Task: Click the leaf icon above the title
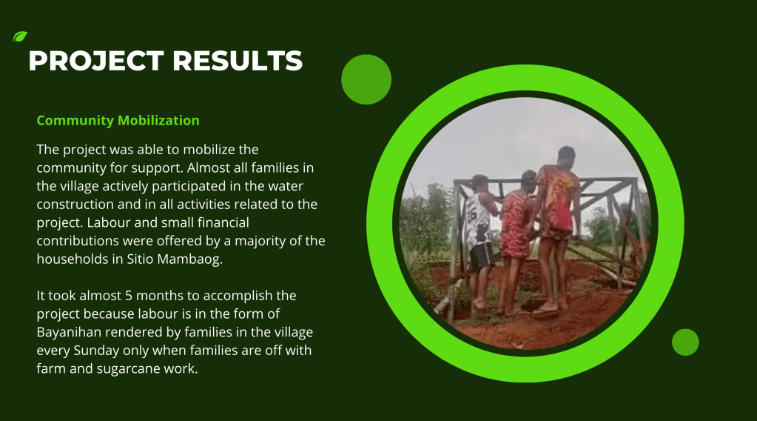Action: [x=20, y=37]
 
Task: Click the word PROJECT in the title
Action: [x=96, y=62]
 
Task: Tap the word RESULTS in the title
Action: [x=238, y=62]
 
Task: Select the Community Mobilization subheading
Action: [x=118, y=120]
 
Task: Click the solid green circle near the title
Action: [x=366, y=79]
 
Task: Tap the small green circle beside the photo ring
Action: [x=685, y=342]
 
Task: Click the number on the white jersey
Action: [x=471, y=214]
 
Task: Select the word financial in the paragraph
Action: [x=223, y=222]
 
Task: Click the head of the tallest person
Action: [x=566, y=156]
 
